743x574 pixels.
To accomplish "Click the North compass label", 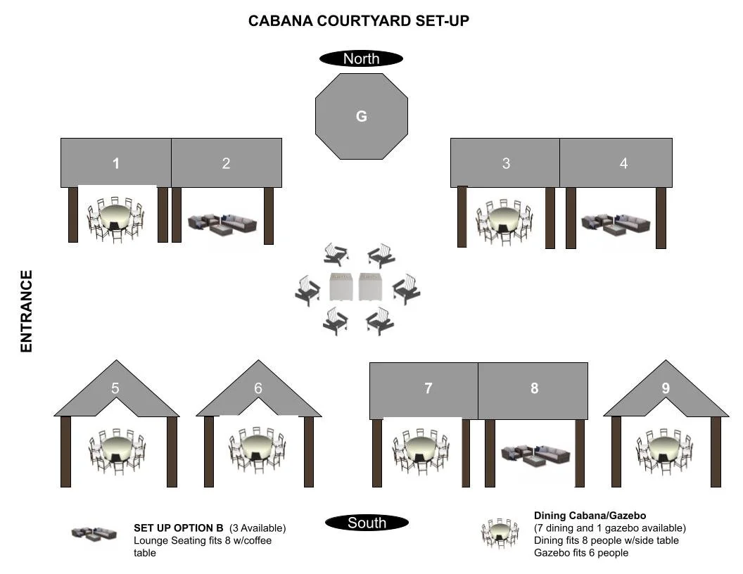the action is click(x=361, y=59).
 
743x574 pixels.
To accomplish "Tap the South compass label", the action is click(x=367, y=523).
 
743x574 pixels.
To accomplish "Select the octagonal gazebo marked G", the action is click(x=362, y=116).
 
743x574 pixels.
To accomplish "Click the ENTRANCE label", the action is click(x=27, y=311).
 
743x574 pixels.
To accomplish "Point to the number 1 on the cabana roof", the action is click(x=116, y=164).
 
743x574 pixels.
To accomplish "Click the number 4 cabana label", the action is click(x=623, y=164).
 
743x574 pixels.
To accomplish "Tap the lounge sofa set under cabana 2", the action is click(x=222, y=224).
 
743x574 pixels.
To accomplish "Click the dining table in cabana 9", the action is click(x=663, y=449).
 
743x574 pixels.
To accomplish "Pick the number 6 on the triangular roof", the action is click(x=258, y=388).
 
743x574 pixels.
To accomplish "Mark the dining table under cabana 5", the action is click(x=116, y=449).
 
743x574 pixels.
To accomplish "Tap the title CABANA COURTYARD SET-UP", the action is click(x=359, y=21).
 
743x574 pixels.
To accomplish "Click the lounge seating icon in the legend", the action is click(x=94, y=533).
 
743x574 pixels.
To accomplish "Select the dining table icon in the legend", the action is click(x=500, y=532).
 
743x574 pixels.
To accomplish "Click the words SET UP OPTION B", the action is click(x=179, y=528).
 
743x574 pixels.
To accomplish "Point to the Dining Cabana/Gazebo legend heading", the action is click(x=590, y=516).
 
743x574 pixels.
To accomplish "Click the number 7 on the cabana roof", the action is click(x=428, y=388).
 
